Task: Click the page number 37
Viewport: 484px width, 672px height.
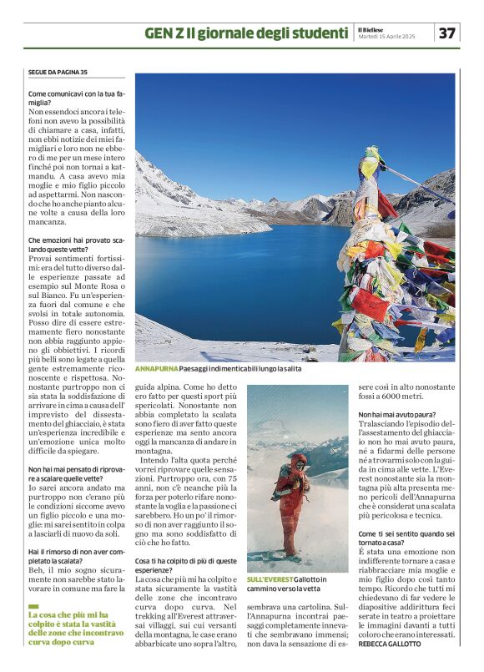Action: click(x=448, y=33)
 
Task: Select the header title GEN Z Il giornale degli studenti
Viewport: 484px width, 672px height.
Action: click(x=245, y=33)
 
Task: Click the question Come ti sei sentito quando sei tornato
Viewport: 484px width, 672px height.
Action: click(x=406, y=538)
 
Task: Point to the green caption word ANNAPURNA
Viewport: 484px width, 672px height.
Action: click(x=155, y=368)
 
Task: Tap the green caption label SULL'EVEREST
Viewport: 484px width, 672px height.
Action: click(x=270, y=579)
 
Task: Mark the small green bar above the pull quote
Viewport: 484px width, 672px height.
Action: click(x=33, y=606)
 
